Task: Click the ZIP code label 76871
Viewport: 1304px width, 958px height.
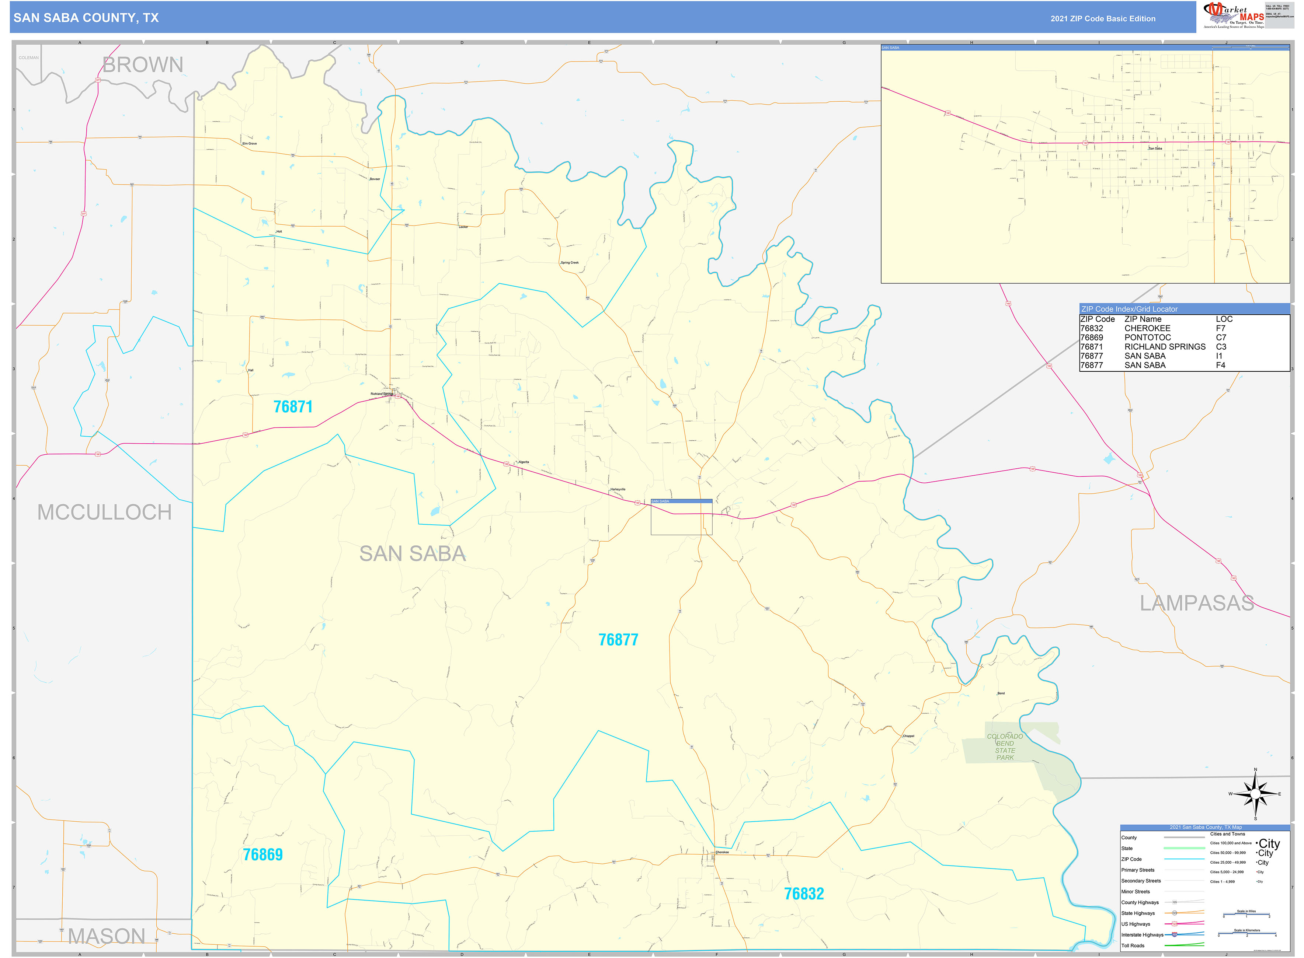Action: click(x=293, y=407)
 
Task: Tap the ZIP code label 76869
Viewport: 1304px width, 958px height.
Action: click(x=263, y=855)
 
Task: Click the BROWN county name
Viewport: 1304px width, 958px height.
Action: click(x=143, y=65)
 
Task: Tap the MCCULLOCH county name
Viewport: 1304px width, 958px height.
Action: click(x=104, y=513)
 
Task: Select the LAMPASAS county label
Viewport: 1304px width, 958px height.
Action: click(x=1197, y=603)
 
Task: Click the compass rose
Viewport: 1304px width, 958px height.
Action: click(x=1255, y=794)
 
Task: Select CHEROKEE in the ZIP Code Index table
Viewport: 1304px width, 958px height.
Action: click(x=1147, y=328)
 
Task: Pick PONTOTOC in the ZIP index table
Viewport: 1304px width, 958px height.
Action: click(x=1147, y=338)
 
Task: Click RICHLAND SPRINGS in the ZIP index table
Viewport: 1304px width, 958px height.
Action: click(x=1165, y=347)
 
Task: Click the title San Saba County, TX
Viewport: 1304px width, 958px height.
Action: click(x=86, y=18)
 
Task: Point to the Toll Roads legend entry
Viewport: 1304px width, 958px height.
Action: click(x=1133, y=946)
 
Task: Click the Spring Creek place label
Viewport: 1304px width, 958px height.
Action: click(x=570, y=263)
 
